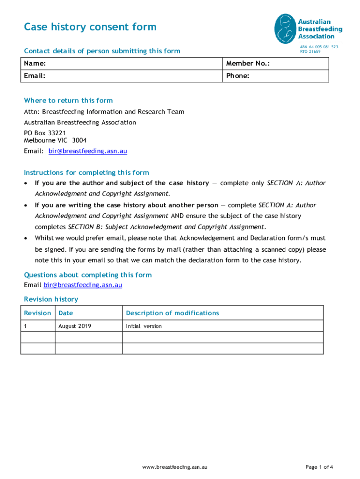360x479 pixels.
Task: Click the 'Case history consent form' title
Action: pyautogui.click(x=90, y=27)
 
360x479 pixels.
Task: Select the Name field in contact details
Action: pyautogui.click(x=122, y=64)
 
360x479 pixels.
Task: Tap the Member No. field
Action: pyautogui.click(x=275, y=64)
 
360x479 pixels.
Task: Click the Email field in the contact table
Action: pyautogui.click(x=122, y=76)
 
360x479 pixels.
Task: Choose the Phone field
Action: pyautogui.click(x=275, y=76)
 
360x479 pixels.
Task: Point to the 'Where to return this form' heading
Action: pyautogui.click(x=68, y=101)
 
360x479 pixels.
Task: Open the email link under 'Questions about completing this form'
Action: pyautogui.click(x=83, y=285)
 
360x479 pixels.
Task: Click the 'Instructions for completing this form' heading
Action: pyautogui.click(x=86, y=173)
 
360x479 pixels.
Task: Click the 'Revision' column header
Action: pyautogui.click(x=37, y=313)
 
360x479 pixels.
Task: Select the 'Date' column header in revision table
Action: pyautogui.click(x=65, y=313)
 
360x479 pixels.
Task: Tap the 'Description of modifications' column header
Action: pyautogui.click(x=172, y=313)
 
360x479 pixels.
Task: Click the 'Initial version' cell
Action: pyautogui.click(x=144, y=326)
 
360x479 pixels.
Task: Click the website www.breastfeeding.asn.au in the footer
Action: pyautogui.click(x=175, y=467)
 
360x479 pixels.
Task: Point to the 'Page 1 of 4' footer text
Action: pyautogui.click(x=319, y=467)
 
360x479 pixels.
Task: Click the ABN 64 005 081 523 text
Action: pyautogui.click(x=319, y=47)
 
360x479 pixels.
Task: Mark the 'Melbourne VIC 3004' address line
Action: pyautogui.click(x=55, y=140)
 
